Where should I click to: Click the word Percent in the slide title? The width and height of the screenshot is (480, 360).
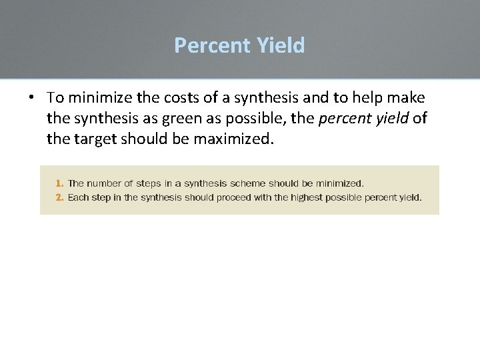click(209, 45)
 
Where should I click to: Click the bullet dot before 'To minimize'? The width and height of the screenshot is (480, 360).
click(31, 98)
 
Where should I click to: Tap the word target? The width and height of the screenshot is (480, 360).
click(95, 140)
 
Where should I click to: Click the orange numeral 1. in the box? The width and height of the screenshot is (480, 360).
click(60, 183)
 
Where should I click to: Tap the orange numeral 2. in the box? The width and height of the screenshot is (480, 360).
click(60, 197)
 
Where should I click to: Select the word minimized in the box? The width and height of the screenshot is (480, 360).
click(339, 183)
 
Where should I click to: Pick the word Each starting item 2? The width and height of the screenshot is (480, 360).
click(78, 197)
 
